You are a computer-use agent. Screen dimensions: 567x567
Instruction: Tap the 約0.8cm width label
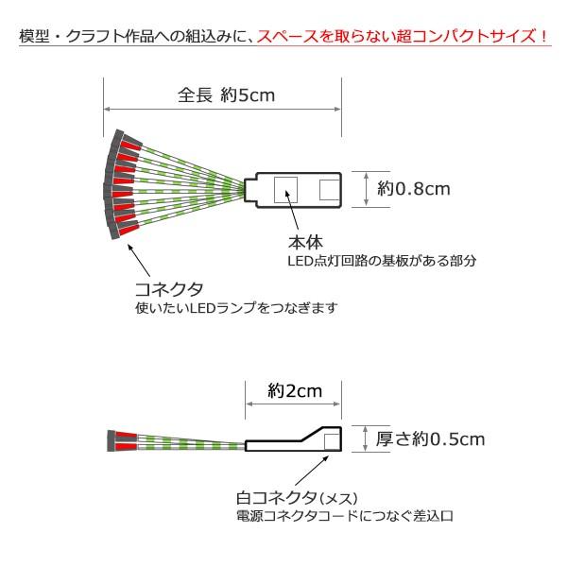(x=413, y=188)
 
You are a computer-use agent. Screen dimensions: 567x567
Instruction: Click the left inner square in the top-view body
(x=284, y=189)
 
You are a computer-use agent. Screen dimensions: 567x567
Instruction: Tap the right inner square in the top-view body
(x=328, y=189)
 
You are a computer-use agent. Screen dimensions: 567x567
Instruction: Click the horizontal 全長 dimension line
(x=223, y=112)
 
